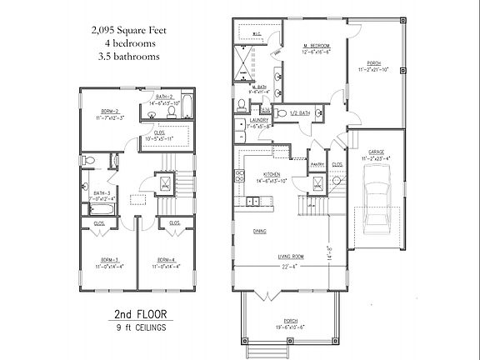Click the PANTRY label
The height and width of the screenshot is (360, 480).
point(317,164)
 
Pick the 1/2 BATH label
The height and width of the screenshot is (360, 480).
point(301,112)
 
